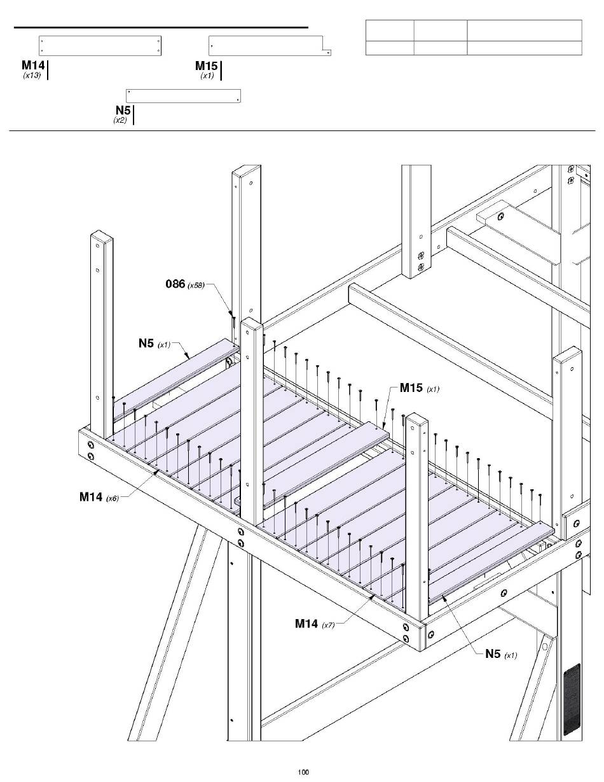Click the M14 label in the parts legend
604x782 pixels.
click(34, 65)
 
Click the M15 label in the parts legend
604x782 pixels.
click(207, 66)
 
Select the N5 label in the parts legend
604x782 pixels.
click(123, 110)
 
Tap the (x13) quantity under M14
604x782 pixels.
click(32, 76)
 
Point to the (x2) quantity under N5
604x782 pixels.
click(120, 120)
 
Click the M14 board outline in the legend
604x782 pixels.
click(100, 46)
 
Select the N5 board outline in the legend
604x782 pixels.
click(183, 95)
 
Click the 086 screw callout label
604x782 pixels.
click(175, 284)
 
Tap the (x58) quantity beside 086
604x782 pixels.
click(196, 285)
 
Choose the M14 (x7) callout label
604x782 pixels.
click(315, 624)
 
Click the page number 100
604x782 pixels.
click(303, 772)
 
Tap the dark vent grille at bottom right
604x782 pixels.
click(572, 698)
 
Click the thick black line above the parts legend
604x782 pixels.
click(161, 27)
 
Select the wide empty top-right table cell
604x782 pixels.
click(525, 31)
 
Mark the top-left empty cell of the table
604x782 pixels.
click(390, 31)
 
